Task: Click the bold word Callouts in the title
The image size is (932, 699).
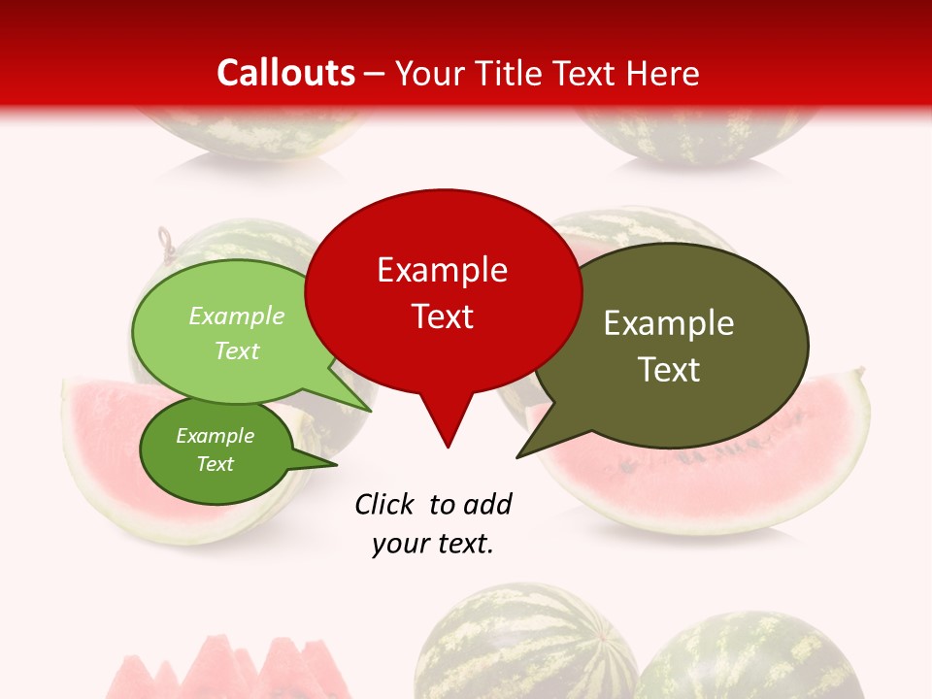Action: click(286, 73)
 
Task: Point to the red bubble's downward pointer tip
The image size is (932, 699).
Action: click(448, 447)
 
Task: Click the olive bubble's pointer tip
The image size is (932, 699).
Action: click(517, 456)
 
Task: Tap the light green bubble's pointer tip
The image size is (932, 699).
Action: click(372, 411)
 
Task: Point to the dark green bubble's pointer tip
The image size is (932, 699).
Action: click(336, 465)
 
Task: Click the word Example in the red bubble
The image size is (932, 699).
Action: click(443, 270)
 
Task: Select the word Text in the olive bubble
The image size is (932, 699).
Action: click(670, 369)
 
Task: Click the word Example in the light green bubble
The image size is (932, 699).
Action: click(237, 316)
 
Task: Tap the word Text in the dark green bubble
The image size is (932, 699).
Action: click(216, 464)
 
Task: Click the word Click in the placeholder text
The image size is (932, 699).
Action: click(385, 504)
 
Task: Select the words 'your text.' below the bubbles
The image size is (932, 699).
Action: click(433, 544)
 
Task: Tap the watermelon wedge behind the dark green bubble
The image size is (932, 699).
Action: click(97, 456)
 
